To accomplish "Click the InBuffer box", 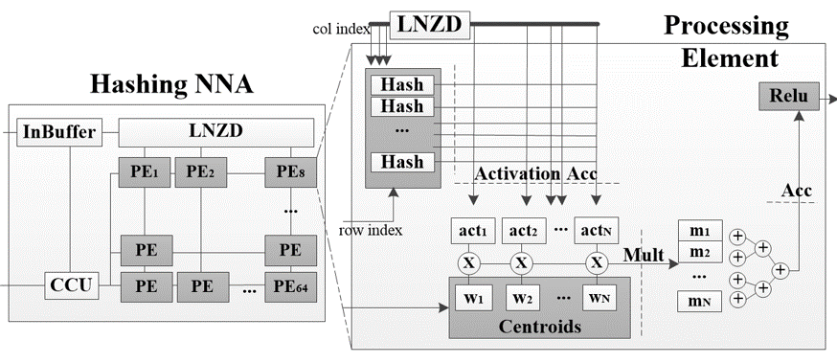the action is tap(59, 132).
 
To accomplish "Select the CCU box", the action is tap(71, 285).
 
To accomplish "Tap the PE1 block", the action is tap(144, 171).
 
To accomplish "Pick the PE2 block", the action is tap(201, 171).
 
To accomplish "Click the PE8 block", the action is tap(291, 171).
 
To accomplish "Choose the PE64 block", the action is tap(291, 286).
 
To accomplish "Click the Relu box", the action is tap(789, 97).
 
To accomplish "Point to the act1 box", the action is tap(473, 231).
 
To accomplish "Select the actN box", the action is tap(596, 231).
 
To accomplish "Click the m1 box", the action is tap(700, 230).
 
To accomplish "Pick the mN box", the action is tap(700, 302).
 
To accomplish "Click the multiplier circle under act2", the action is tap(523, 263).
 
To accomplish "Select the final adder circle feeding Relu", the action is tap(780, 270).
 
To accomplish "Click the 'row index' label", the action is tap(371, 231).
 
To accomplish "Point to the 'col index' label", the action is tap(341, 29).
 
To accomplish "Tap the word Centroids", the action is tap(540, 326).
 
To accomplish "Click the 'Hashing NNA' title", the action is tap(171, 83).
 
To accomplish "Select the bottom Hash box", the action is tap(402, 161).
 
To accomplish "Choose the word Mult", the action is tap(644, 255).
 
